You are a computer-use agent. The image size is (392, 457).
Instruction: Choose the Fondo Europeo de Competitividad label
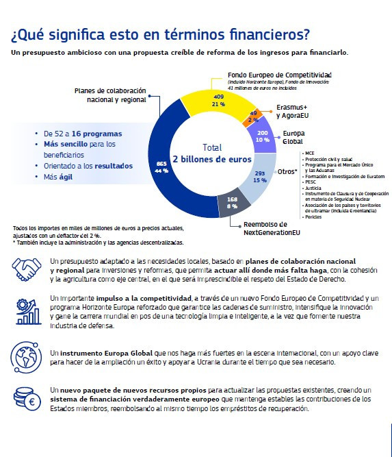point(280,75)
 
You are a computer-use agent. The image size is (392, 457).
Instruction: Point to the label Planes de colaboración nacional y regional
point(110,95)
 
